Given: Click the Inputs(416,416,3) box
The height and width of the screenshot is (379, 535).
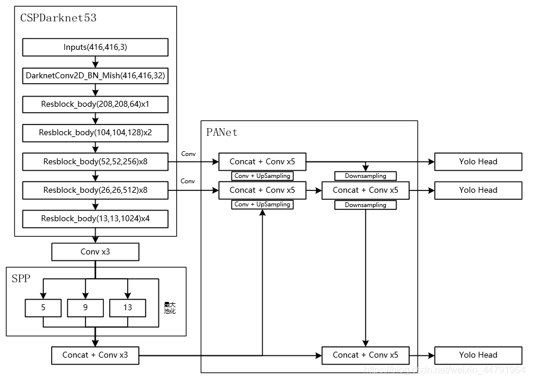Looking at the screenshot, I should click(95, 47).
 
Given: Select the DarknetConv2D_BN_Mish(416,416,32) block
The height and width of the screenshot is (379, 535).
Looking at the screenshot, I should click(95, 76).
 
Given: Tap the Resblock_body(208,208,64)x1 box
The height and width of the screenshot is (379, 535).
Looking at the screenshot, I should click(95, 104).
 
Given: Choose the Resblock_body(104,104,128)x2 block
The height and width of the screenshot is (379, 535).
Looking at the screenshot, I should click(95, 133).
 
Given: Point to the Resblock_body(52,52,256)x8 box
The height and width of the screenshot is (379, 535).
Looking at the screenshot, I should click(95, 161).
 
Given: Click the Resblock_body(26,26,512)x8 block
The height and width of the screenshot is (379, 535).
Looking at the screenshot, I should click(95, 190).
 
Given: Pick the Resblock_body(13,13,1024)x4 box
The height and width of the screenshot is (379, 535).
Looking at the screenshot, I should click(95, 219).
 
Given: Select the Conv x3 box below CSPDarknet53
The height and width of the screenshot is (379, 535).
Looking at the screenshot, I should click(95, 252).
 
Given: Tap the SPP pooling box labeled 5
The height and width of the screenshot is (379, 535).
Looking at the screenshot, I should click(43, 308).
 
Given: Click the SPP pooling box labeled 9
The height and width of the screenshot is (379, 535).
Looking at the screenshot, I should click(86, 308).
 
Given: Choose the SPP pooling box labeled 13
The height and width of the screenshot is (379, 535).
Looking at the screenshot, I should click(128, 308).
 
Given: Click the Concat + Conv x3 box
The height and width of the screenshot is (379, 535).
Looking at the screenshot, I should click(95, 355).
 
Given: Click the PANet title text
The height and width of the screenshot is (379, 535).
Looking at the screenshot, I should click(221, 132).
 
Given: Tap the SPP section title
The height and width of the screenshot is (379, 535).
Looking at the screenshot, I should click(21, 279).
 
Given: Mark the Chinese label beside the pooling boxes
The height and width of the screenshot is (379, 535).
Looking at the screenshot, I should click(170, 308).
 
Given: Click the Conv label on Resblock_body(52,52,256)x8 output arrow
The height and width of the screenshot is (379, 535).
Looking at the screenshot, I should click(188, 154).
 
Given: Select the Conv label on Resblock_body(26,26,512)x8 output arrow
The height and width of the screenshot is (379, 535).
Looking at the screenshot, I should click(188, 181).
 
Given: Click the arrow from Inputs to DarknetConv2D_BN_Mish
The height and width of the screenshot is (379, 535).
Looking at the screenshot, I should click(95, 62).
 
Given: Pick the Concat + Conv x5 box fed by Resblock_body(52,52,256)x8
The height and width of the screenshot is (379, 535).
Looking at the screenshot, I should click(262, 161).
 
